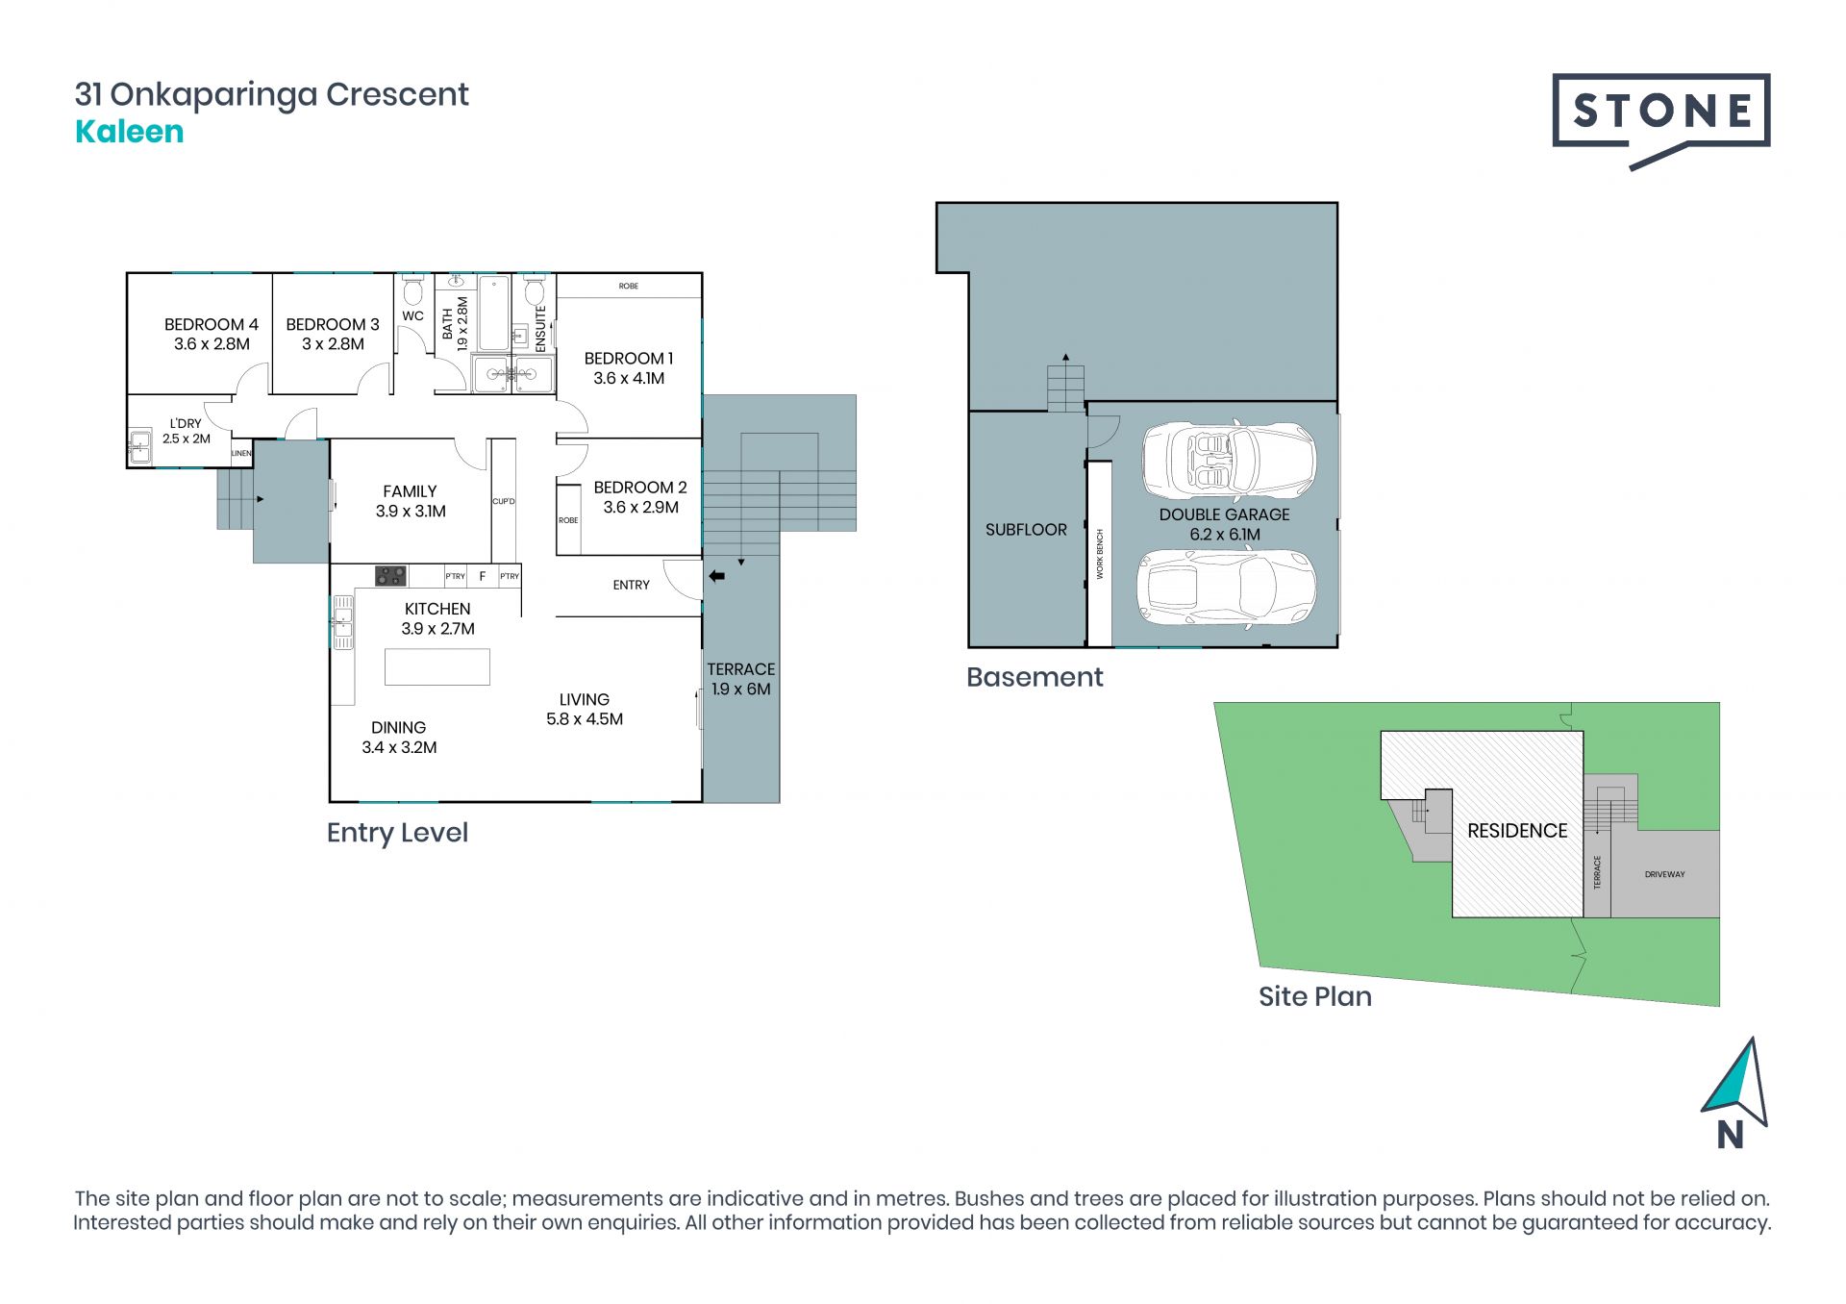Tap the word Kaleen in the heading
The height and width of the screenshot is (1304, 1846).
pyautogui.click(x=129, y=132)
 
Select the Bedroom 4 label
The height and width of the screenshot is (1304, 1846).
pyautogui.click(x=212, y=334)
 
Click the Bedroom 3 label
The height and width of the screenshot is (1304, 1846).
pyautogui.click(x=333, y=334)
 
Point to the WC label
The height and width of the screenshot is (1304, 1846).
pyautogui.click(x=412, y=315)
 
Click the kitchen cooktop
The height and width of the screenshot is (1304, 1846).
pyautogui.click(x=390, y=575)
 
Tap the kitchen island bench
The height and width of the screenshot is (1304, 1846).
pyautogui.click(x=437, y=666)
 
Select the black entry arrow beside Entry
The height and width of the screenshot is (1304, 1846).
pyautogui.click(x=716, y=576)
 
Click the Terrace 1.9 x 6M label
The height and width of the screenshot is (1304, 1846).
pyautogui.click(x=740, y=679)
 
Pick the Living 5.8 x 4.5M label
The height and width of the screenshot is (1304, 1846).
pyautogui.click(x=585, y=709)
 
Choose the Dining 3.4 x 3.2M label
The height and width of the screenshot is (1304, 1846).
pyautogui.click(x=399, y=737)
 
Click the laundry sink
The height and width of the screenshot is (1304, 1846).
pyautogui.click(x=140, y=446)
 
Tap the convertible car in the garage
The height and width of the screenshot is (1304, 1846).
pyautogui.click(x=1229, y=460)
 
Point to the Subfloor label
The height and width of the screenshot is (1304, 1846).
pyautogui.click(x=1026, y=529)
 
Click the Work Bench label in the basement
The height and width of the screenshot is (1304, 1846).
pyautogui.click(x=1100, y=553)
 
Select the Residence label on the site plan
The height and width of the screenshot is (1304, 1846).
pyautogui.click(x=1517, y=831)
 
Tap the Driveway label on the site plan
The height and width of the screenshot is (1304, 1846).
pyautogui.click(x=1664, y=874)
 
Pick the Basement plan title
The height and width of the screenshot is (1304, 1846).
pyautogui.click(x=1035, y=677)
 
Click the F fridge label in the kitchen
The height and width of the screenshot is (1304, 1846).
pyautogui.click(x=483, y=576)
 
